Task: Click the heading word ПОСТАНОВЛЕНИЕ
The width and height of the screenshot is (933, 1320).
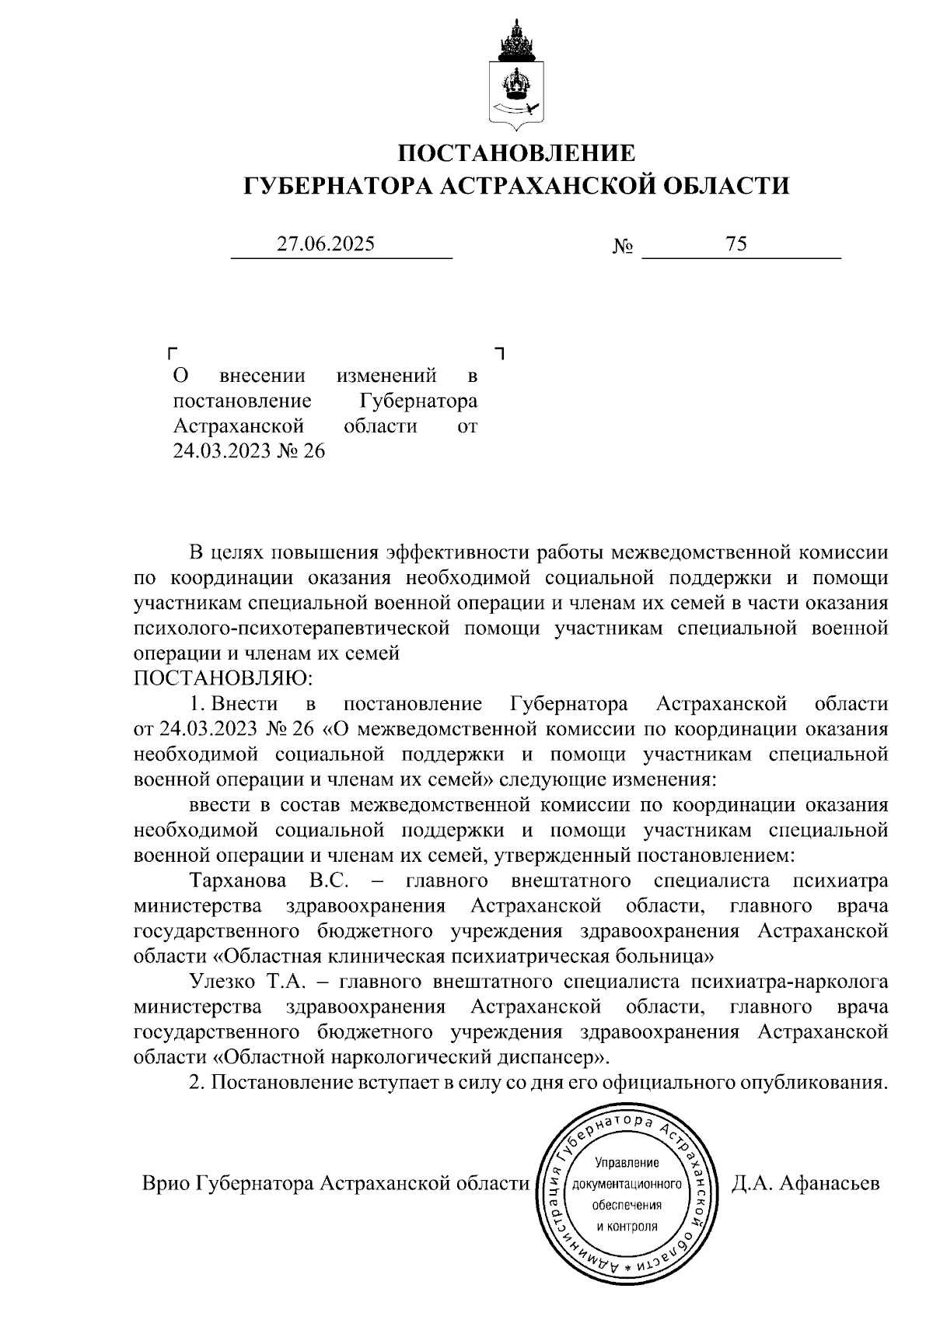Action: (516, 152)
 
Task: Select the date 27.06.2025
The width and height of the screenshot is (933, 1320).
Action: (327, 244)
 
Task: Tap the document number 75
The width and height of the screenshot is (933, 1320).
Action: (736, 244)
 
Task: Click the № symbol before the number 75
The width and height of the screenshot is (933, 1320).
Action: (623, 247)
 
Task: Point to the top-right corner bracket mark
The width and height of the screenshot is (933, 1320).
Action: (499, 353)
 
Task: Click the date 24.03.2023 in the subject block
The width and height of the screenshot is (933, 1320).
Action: (221, 451)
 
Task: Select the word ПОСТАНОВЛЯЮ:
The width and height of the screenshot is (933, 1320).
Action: (222, 678)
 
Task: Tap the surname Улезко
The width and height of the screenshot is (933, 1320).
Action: (224, 982)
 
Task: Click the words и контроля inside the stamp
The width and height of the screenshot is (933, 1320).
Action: (627, 1227)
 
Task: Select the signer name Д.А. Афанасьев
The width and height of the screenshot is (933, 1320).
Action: (805, 1185)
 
